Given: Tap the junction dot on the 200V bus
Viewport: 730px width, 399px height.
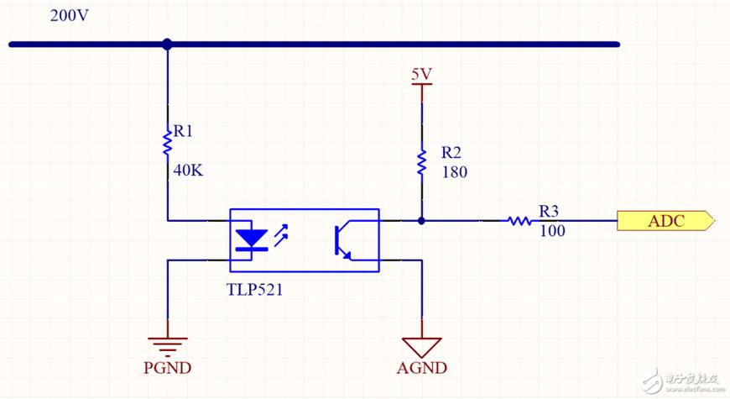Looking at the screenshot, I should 167,44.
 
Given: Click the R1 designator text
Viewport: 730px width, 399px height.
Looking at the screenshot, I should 183,132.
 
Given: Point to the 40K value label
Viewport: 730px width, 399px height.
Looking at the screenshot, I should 189,171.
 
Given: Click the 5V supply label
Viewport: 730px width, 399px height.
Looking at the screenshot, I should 421,74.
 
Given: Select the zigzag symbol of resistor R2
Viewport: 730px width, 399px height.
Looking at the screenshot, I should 421,162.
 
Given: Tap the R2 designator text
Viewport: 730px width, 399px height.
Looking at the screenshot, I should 451,153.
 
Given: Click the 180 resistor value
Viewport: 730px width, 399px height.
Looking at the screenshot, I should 453,172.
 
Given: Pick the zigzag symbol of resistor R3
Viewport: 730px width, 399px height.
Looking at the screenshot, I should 519,221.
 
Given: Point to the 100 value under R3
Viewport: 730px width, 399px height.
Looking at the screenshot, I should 552,230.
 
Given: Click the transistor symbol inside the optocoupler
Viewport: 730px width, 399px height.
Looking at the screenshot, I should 343,241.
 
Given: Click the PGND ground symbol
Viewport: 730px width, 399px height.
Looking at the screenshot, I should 168,344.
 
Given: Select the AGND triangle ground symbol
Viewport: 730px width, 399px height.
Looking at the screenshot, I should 421,345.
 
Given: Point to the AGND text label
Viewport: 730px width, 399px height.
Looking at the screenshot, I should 421,368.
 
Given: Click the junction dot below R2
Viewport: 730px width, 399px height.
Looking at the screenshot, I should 421,221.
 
